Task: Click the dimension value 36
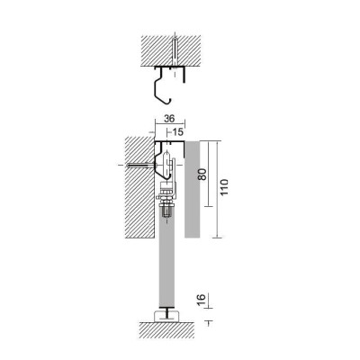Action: tap(169, 119)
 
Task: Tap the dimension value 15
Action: tap(177, 132)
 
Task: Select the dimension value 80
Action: tap(202, 174)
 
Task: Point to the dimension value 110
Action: tap(224, 187)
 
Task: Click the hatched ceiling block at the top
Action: tap(171, 51)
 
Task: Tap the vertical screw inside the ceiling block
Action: tap(174, 51)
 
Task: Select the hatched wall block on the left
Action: tap(139, 187)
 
